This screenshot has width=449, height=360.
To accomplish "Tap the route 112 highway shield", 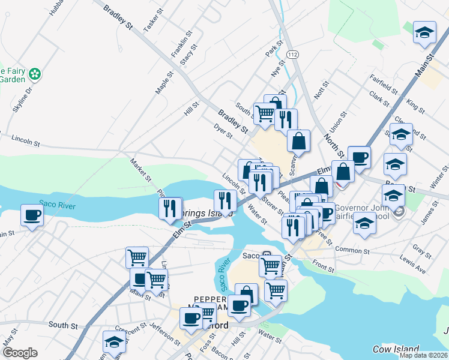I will [x=292, y=55].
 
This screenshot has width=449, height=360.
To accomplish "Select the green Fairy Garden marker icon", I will [x=35, y=74].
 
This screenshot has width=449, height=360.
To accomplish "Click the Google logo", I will [x=20, y=353].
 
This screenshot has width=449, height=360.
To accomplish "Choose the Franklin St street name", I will [x=177, y=45].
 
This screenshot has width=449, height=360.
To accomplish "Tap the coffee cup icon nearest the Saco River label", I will [x=32, y=214].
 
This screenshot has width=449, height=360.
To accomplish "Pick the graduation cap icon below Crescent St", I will [x=113, y=343].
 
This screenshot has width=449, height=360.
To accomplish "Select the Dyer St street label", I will [x=223, y=131].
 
